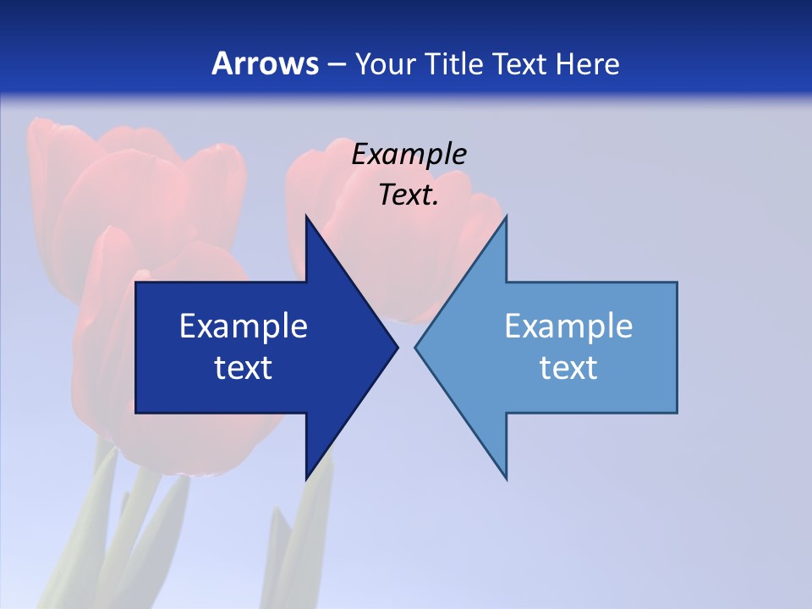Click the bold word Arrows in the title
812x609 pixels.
(x=265, y=63)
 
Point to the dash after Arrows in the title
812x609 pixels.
(x=335, y=64)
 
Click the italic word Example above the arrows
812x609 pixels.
(x=409, y=154)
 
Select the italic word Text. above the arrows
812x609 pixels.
(x=409, y=195)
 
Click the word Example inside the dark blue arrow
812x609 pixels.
(x=243, y=326)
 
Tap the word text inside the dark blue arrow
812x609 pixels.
(x=243, y=367)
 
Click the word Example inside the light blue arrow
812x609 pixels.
(x=568, y=326)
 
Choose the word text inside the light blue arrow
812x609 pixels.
(x=568, y=367)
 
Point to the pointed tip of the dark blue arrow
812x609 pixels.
(x=397, y=347)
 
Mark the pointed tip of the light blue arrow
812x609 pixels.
(x=416, y=347)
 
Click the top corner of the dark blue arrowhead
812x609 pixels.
(x=306, y=217)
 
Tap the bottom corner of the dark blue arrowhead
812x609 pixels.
(x=306, y=478)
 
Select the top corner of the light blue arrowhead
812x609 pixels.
(x=506, y=217)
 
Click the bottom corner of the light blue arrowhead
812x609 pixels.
(x=506, y=478)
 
